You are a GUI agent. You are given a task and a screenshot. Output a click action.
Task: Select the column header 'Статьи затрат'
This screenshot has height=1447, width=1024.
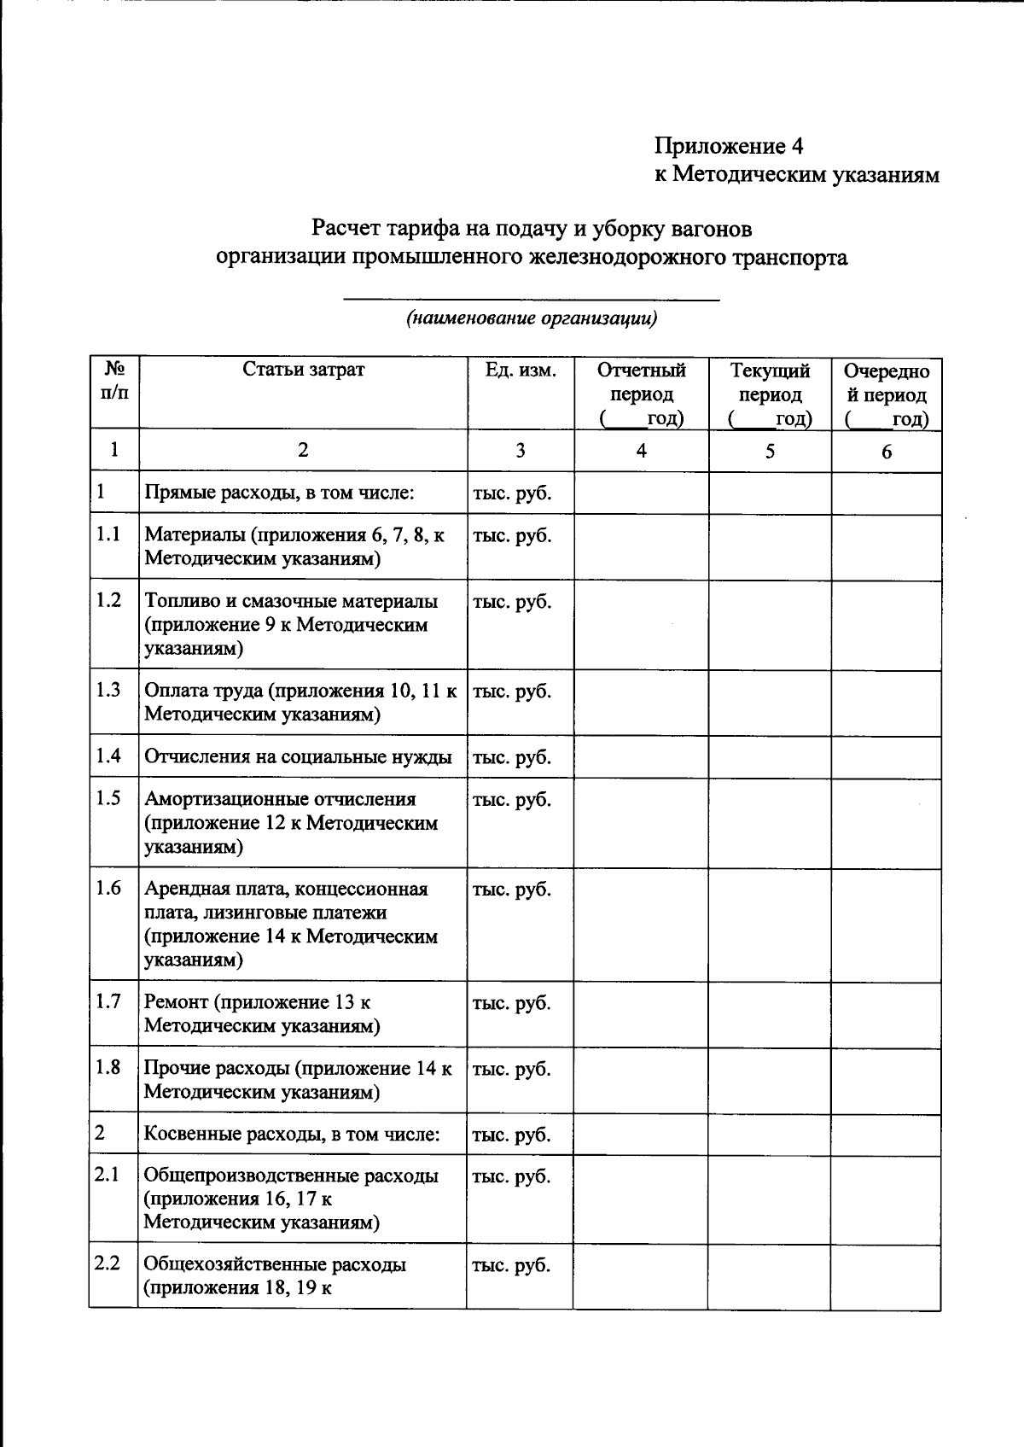(x=303, y=370)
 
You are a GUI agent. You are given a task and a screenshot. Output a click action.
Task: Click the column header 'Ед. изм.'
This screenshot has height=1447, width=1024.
(x=521, y=370)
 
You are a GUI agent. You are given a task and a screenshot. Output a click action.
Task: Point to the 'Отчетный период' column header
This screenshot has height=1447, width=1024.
(x=641, y=394)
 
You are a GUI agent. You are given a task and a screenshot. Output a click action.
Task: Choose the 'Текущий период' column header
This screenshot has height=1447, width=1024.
(x=770, y=394)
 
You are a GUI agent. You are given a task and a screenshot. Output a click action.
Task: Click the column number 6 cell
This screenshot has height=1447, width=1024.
(x=887, y=452)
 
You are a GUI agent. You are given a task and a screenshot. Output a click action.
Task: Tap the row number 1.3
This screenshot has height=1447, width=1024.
(x=108, y=690)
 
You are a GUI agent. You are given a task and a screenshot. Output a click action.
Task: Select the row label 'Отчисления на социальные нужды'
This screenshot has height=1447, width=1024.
(x=298, y=757)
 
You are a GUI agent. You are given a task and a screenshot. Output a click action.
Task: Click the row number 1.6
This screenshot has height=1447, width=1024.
(x=108, y=888)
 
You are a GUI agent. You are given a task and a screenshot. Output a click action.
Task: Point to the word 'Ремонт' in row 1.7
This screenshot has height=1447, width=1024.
(x=176, y=1002)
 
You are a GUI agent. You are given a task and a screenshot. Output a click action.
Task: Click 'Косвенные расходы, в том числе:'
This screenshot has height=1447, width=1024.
(x=292, y=1135)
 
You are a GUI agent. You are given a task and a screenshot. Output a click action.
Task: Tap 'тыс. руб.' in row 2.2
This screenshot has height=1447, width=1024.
(x=511, y=1265)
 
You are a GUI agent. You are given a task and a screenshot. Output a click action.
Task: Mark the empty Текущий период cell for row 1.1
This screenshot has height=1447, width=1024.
(x=770, y=547)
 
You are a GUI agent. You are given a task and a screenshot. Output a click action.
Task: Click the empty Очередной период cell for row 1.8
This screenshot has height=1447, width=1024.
(x=887, y=1080)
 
